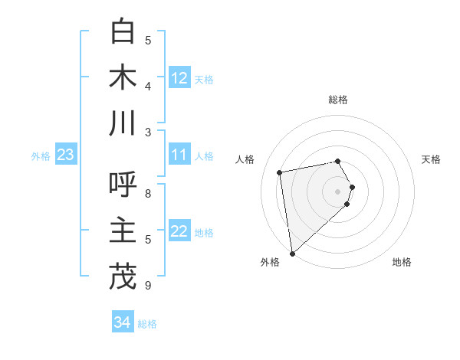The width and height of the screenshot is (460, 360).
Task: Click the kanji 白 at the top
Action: (123, 31)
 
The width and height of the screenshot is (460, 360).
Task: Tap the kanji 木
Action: (123, 77)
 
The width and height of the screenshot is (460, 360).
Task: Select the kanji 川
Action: (123, 123)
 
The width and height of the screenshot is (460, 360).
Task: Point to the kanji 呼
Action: (123, 185)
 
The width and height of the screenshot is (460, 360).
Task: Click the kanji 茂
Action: (123, 277)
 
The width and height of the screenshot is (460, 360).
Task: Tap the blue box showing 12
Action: (179, 78)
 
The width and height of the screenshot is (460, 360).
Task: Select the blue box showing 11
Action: (179, 155)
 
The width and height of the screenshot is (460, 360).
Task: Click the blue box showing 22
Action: (179, 232)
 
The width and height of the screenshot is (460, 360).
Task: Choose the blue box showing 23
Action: (65, 155)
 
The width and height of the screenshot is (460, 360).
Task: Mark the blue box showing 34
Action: (122, 322)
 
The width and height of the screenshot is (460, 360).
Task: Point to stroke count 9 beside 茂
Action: (148, 286)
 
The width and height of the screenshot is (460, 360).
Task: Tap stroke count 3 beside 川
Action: (148, 132)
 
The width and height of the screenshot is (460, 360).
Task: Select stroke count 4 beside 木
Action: (148, 86)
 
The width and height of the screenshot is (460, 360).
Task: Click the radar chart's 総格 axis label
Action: (337, 100)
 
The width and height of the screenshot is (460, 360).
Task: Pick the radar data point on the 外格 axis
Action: (292, 253)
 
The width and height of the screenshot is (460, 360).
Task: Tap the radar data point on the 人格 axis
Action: (281, 172)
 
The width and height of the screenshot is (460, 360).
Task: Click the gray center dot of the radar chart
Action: (337, 191)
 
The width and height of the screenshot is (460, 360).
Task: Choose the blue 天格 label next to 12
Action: (204, 79)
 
